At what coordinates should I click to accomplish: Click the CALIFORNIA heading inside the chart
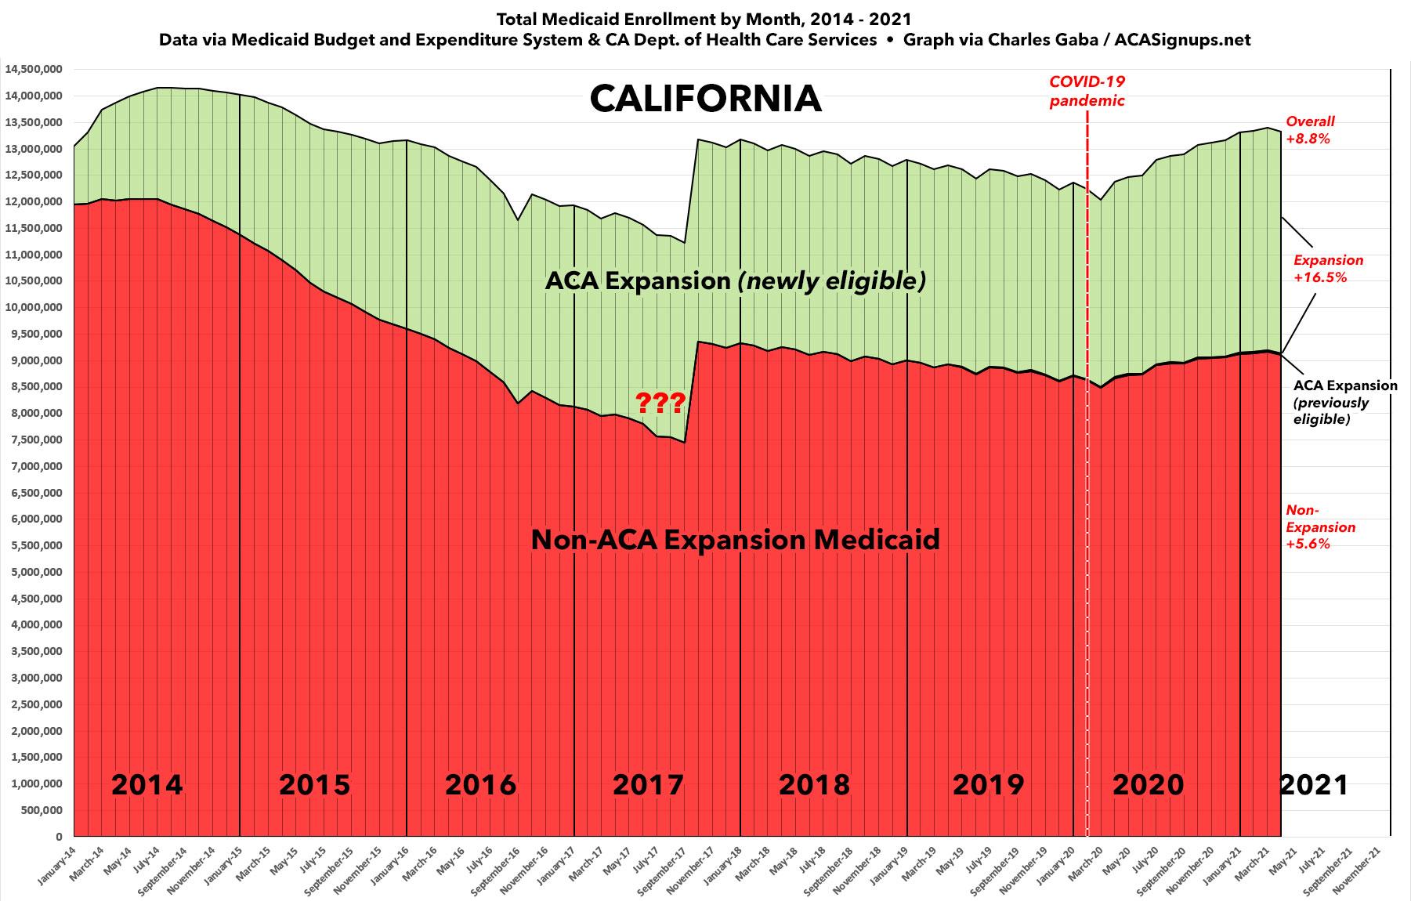705,99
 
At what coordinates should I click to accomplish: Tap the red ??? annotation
660,403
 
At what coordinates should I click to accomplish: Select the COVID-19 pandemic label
1087,91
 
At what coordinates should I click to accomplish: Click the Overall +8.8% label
1310,130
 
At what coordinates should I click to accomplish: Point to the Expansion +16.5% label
1327,268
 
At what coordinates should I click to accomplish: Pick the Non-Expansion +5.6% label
1320,527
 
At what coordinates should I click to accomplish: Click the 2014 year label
147,784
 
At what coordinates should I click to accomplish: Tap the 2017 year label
648,784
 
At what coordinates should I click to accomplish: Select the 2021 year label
1314,784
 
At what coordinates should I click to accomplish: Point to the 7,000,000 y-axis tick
36,466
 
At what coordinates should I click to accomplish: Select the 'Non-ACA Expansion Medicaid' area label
735,540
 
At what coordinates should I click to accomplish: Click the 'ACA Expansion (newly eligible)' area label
735,280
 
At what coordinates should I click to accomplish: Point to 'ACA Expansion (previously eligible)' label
1344,402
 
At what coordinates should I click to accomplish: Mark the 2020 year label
1148,784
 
